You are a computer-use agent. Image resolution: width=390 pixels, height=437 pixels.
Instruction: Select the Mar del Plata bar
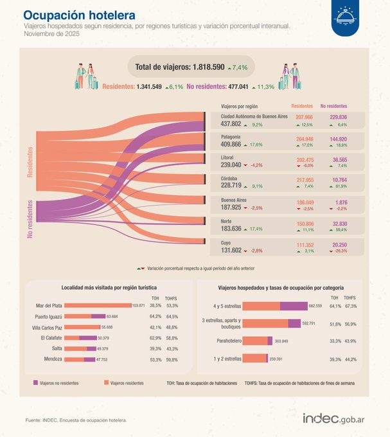[98, 306]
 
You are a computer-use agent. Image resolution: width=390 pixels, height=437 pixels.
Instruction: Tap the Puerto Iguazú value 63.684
[113, 317]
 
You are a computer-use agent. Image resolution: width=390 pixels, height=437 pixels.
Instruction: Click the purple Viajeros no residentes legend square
[36, 382]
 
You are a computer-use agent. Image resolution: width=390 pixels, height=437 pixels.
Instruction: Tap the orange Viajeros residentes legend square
[106, 382]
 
